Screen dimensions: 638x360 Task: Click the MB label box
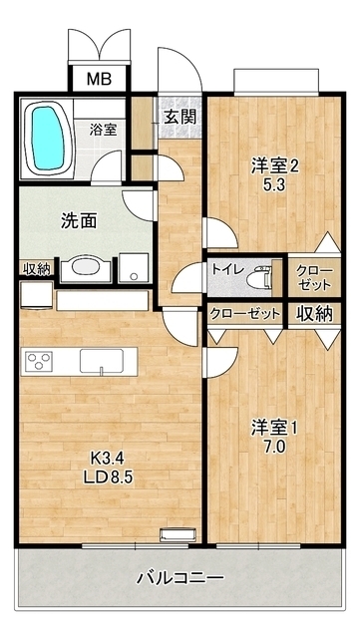(x=98, y=79)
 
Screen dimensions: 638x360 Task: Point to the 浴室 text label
(x=103, y=129)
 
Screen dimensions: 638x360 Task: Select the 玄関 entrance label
(x=180, y=116)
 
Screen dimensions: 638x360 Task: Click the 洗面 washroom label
(x=51, y=221)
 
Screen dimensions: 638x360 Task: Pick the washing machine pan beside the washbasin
(x=132, y=268)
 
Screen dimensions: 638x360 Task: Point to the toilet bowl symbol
(x=262, y=271)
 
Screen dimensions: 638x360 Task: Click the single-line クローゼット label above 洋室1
(x=245, y=313)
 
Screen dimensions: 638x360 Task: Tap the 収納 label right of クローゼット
(x=312, y=313)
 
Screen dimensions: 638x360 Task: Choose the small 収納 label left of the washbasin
(x=36, y=267)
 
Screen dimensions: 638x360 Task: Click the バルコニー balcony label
(x=180, y=578)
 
